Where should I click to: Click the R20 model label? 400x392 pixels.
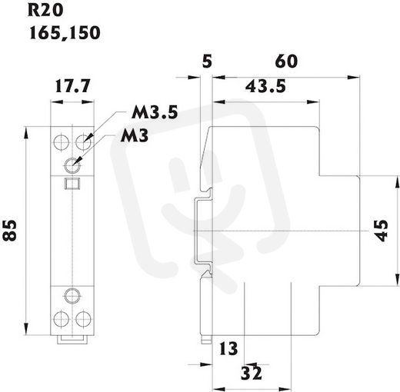pos(45,11)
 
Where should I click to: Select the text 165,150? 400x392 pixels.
pos(65,33)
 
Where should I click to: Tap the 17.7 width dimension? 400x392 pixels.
pos(73,86)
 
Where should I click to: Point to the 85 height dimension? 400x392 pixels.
pos(10,231)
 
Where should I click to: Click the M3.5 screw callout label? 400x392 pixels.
pos(155,112)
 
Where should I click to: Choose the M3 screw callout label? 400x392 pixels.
pos(135,135)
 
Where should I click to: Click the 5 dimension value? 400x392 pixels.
pos(207,61)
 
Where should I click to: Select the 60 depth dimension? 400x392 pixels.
pos(286,61)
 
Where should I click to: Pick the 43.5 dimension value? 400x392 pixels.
pos(265,86)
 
